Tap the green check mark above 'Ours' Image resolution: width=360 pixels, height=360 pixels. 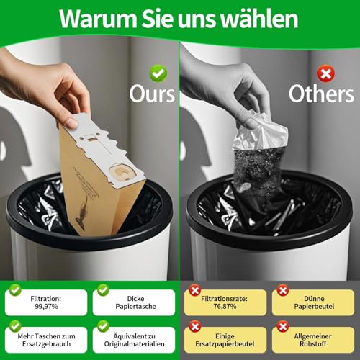click(x=158, y=73)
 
